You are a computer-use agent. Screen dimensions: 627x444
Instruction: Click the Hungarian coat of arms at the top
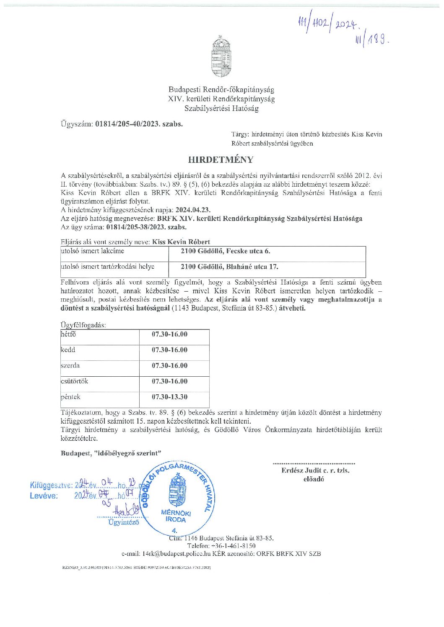point(221,57)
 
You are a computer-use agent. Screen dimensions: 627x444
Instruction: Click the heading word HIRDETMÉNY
point(221,159)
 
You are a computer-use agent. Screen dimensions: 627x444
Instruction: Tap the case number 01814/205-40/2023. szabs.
point(139,124)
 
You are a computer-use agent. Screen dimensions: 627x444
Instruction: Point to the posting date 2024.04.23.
point(193,210)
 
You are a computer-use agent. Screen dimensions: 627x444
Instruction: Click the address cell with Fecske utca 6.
point(225,251)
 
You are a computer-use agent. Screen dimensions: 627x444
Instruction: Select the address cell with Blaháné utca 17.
point(229,267)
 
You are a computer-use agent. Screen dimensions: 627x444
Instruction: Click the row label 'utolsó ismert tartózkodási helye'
point(108,267)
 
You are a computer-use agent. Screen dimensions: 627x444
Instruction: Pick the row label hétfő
point(68,334)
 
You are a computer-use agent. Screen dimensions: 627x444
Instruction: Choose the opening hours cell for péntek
point(169,397)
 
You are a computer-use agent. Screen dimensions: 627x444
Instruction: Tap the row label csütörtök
point(74,381)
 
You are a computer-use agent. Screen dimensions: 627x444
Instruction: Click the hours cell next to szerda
point(169,365)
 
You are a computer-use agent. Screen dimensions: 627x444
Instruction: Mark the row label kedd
point(68,350)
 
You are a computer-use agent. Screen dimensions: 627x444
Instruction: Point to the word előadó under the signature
point(314,479)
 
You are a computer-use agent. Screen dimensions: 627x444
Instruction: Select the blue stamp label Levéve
point(44,496)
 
